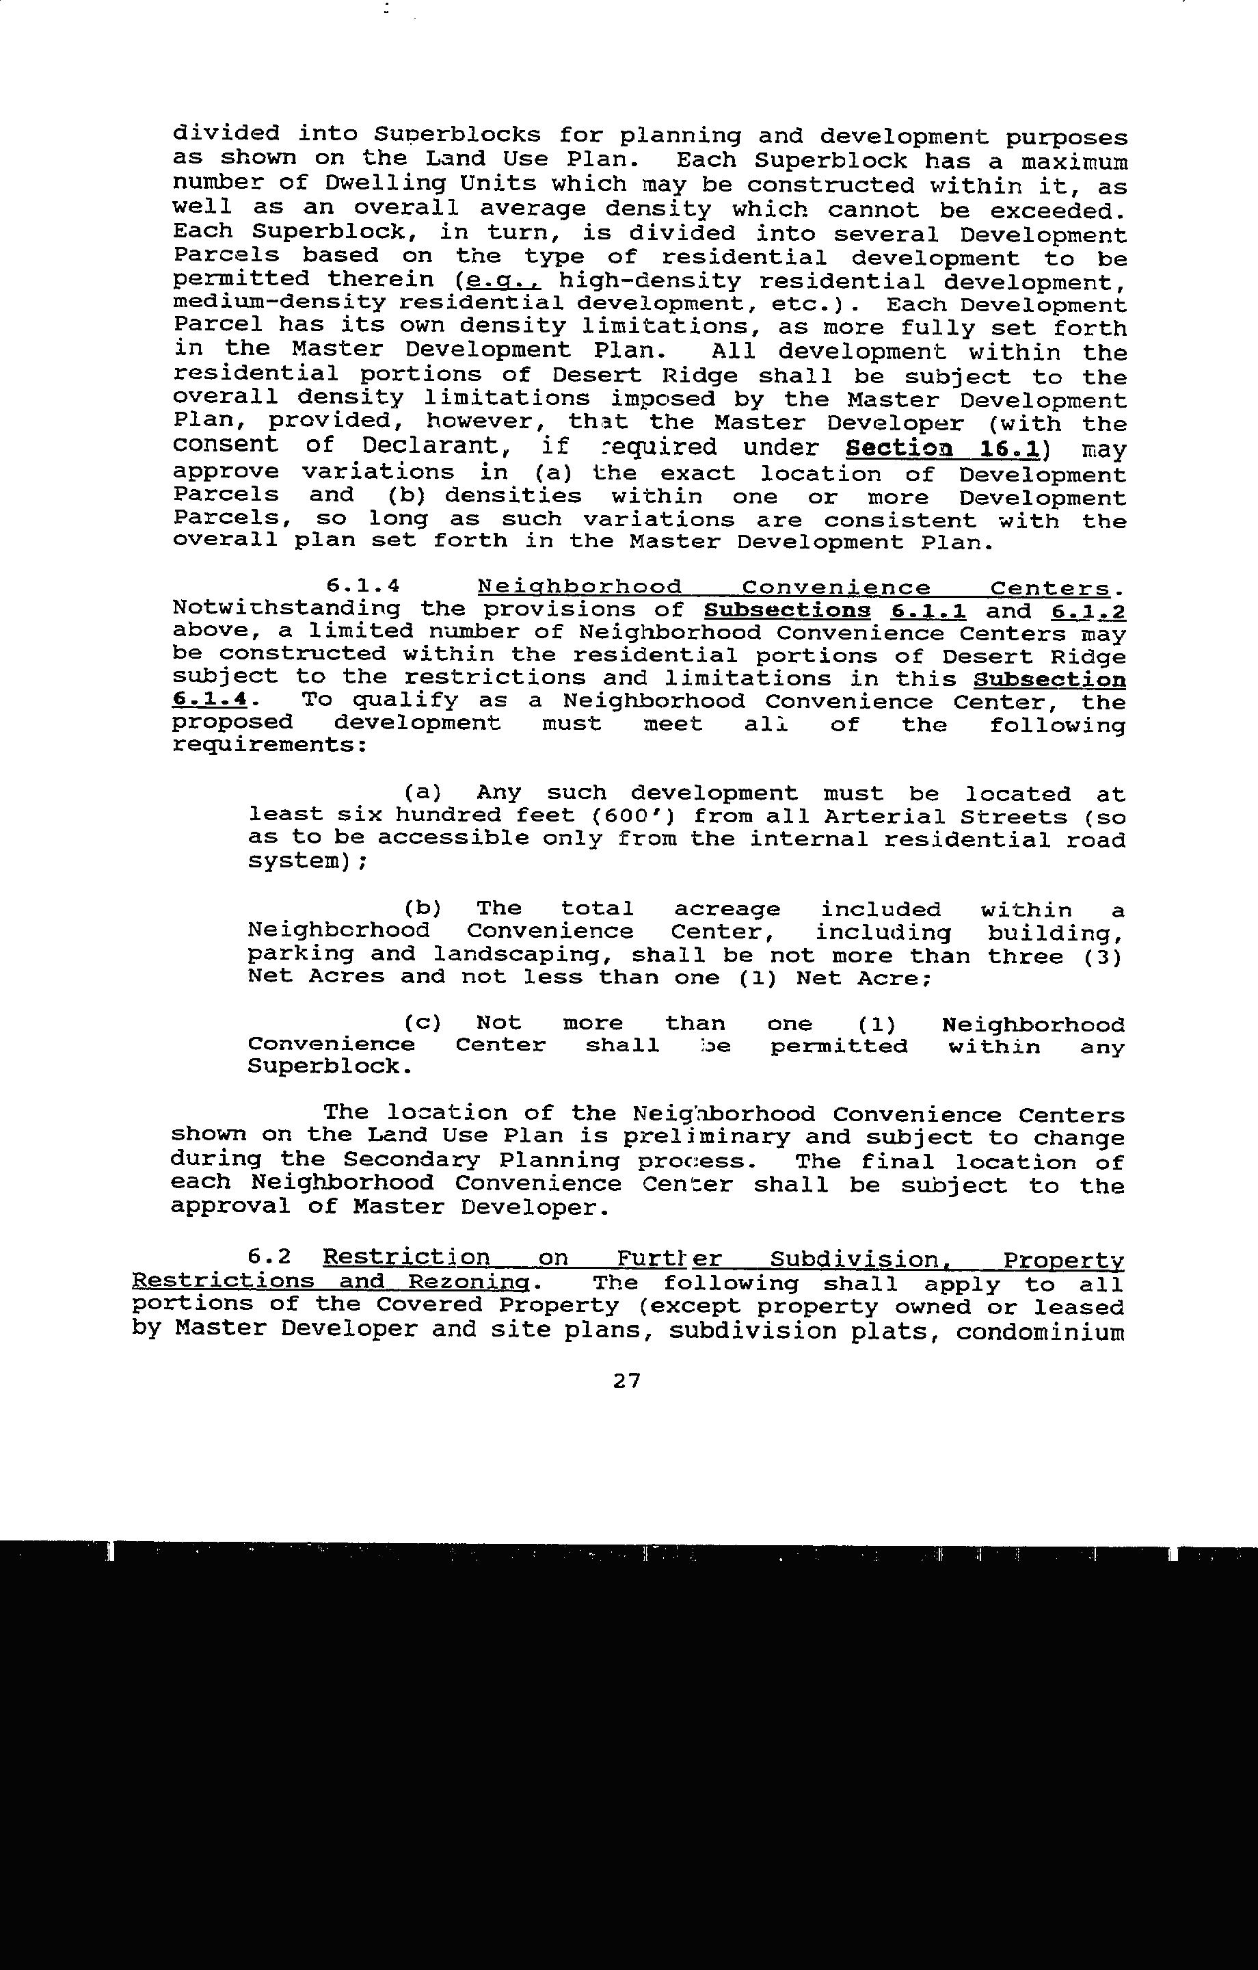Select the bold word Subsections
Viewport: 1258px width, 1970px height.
coord(787,610)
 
